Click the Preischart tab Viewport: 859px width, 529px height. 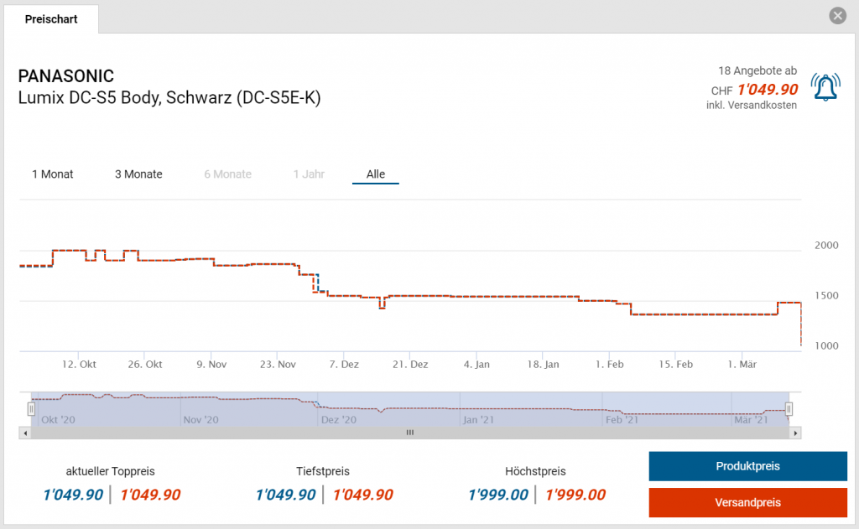pyautogui.click(x=51, y=18)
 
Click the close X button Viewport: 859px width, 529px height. pyautogui.click(x=837, y=16)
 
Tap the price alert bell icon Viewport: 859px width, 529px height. pyautogui.click(x=825, y=86)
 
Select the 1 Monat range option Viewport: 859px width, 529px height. pyautogui.click(x=53, y=174)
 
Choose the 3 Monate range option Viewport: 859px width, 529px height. pyautogui.click(x=138, y=174)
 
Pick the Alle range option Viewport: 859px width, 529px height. pyautogui.click(x=376, y=174)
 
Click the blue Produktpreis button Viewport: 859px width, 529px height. pyautogui.click(x=747, y=466)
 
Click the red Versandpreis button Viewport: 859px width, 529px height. pyautogui.click(x=747, y=502)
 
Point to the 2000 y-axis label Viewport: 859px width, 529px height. pyautogui.click(x=826, y=246)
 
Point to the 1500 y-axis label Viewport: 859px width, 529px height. pyautogui.click(x=826, y=296)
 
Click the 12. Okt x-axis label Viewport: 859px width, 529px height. pyautogui.click(x=80, y=365)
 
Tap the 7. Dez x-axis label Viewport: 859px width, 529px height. pyautogui.click(x=345, y=365)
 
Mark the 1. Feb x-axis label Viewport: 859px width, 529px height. pyautogui.click(x=609, y=365)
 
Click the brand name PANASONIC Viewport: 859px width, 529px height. pyautogui.click(x=66, y=76)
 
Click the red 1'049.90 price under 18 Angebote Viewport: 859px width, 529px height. pyautogui.click(x=768, y=90)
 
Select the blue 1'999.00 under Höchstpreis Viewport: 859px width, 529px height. pyautogui.click(x=498, y=495)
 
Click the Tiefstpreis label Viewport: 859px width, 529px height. pyautogui.click(x=323, y=471)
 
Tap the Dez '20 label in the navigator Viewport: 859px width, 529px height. pyautogui.click(x=339, y=419)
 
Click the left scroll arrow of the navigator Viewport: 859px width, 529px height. pyautogui.click(x=25, y=433)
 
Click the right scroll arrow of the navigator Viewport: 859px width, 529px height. pyautogui.click(x=796, y=433)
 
